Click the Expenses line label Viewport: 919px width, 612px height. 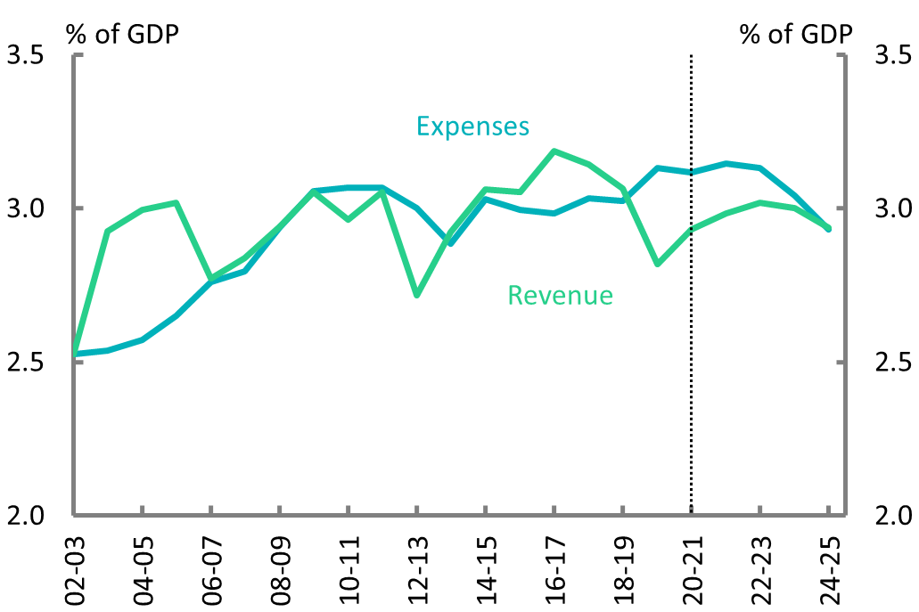(473, 126)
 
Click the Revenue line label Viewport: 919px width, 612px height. (560, 295)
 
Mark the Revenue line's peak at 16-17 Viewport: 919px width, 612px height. (554, 151)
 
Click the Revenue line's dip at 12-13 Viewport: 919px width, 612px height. (416, 294)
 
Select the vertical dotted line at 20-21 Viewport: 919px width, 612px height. (691, 356)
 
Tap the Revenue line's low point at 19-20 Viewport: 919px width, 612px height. (657, 264)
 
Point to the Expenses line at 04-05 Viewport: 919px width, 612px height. (143, 339)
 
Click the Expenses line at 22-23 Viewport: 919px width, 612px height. (759, 168)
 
